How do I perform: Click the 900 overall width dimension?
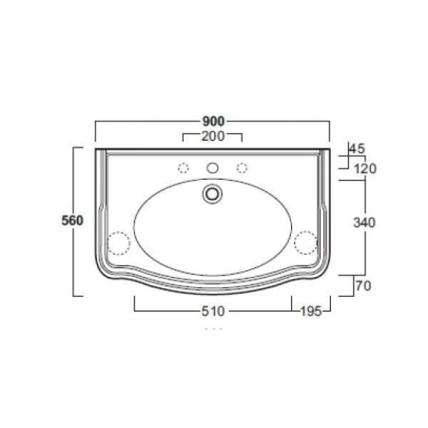coord(214,121)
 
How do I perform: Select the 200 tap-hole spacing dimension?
coord(213,136)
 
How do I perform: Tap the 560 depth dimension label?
coord(72,221)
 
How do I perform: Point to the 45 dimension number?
coord(358,148)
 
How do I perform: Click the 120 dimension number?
coord(365,168)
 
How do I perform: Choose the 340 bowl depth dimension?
coord(364,223)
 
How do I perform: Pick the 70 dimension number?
coord(363,286)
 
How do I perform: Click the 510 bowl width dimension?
coord(213,311)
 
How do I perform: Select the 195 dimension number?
coord(311,311)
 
